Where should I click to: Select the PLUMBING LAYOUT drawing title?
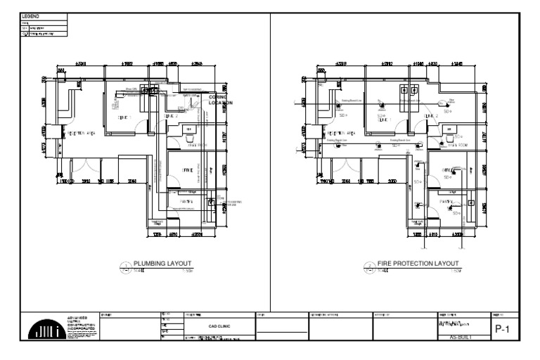162,263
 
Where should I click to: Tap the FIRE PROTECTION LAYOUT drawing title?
417,263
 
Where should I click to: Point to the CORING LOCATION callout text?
219,101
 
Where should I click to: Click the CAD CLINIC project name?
217,326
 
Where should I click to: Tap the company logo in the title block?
43,327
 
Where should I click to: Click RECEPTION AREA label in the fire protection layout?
340,132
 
